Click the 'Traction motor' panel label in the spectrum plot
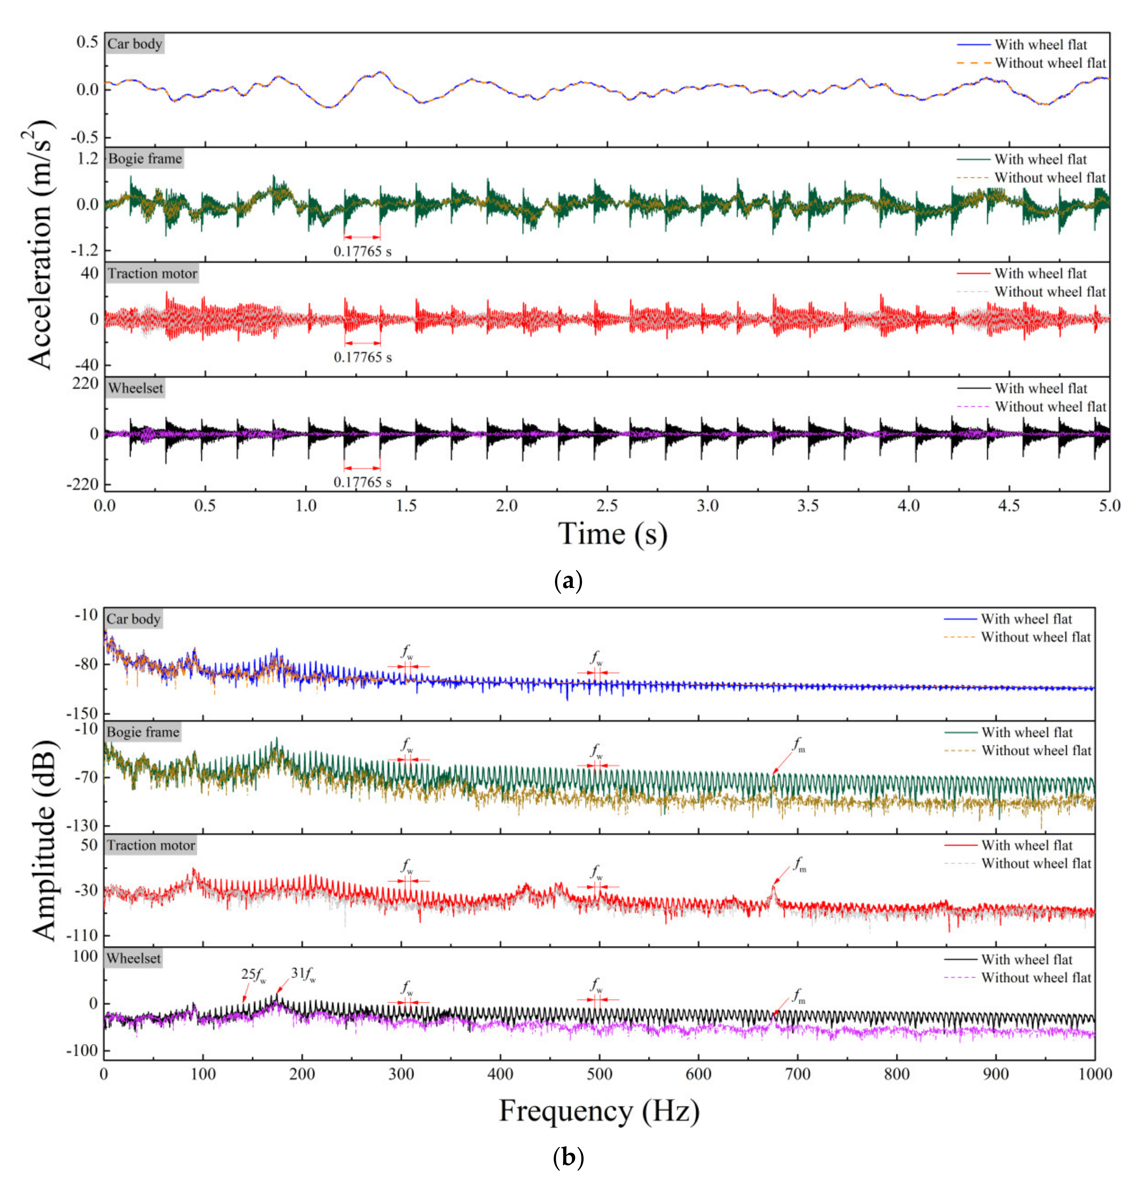(151, 846)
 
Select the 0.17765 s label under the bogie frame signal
(363, 251)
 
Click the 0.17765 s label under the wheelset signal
(363, 482)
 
